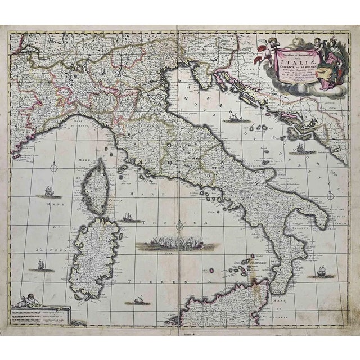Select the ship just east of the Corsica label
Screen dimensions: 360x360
click(129, 217)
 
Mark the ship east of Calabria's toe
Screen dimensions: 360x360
click(321, 271)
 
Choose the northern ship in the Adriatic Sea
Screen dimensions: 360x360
click(233, 118)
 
